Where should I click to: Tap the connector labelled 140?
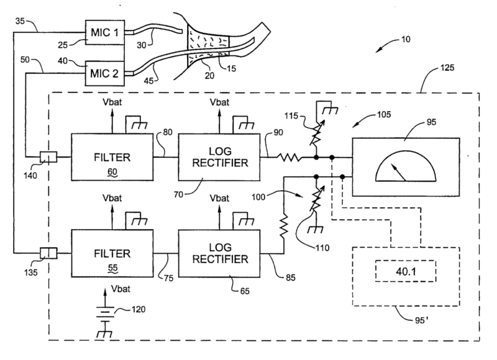48,158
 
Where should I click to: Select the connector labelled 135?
48,253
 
